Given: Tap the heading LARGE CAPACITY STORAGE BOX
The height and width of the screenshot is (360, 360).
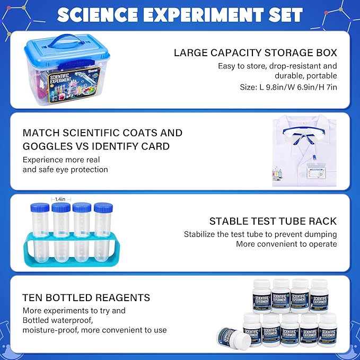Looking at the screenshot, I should point(256,53).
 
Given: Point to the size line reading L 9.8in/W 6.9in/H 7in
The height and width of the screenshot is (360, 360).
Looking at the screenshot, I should point(288,86).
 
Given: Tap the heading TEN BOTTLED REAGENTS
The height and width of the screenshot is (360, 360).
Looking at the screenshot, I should point(86,297).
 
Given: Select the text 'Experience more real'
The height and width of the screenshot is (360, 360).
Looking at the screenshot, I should point(61,160).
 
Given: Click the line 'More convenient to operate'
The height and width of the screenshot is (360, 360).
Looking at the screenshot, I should point(286,244).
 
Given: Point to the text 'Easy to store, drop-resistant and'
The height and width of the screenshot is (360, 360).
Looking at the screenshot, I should point(277,66).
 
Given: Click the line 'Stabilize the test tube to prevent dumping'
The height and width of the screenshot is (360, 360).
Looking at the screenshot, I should point(260,234).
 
